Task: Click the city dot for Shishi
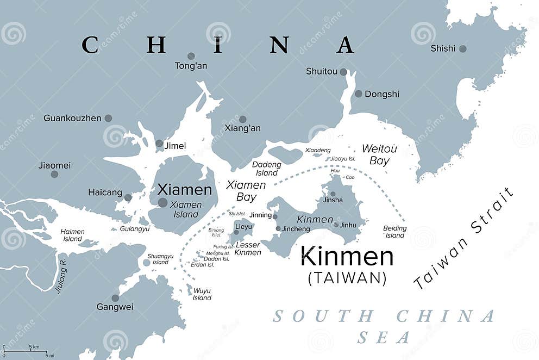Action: [462, 48]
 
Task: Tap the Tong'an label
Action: [191, 66]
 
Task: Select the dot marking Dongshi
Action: [359, 94]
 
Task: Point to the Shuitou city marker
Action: [343, 71]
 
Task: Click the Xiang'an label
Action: [242, 128]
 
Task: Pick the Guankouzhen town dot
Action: [108, 118]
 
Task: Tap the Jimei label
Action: [175, 146]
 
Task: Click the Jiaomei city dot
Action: [54, 174]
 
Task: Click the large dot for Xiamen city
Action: [162, 202]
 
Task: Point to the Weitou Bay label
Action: [379, 154]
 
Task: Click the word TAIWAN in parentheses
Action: [347, 278]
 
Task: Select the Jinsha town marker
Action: [333, 194]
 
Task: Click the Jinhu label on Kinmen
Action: [348, 225]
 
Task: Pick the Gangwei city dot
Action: [115, 298]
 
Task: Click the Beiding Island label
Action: [394, 232]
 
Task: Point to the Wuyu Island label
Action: [202, 294]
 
